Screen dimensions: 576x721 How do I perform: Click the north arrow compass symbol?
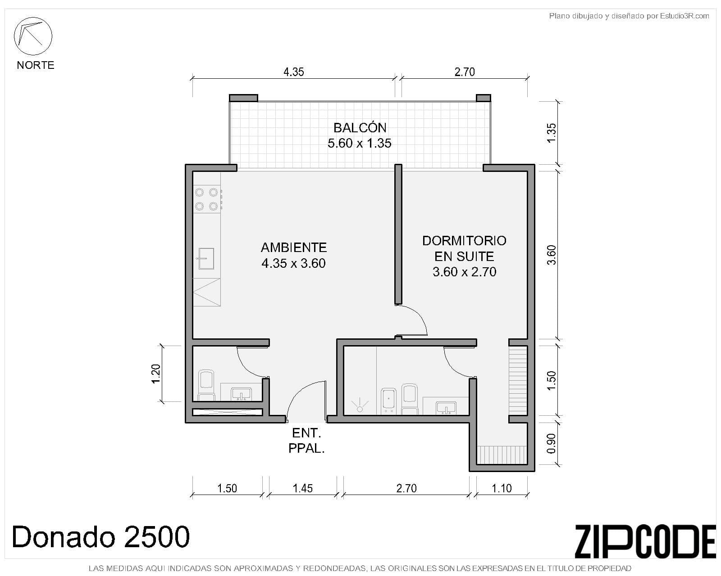33,36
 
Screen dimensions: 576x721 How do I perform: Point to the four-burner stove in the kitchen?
207,199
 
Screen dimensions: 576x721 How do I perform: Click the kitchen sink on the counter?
205,259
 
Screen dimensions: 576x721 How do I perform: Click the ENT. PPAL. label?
306,441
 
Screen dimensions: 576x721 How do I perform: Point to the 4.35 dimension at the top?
293,72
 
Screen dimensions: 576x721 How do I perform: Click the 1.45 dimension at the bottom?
302,488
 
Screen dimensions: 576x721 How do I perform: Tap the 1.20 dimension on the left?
156,373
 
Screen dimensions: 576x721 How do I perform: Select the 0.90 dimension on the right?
551,443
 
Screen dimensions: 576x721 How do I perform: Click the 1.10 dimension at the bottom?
501,488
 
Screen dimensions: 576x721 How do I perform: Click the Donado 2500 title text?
100,537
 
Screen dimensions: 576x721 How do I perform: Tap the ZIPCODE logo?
645,541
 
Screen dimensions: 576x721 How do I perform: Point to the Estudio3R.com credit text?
629,16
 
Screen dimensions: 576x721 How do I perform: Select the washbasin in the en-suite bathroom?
446,408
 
